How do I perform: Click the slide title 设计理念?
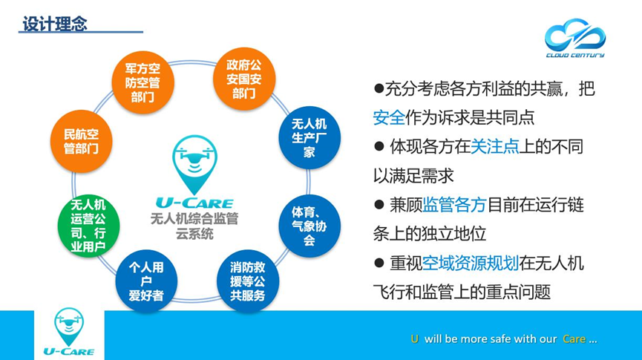(54, 24)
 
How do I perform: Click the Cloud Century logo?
(575, 38)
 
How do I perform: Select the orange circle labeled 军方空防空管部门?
(143, 82)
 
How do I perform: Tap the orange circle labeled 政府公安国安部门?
(244, 79)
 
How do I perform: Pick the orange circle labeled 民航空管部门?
(82, 141)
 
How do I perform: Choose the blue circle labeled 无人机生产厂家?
(309, 137)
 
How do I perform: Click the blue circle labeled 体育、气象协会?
(309, 226)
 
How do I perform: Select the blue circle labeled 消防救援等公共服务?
(248, 281)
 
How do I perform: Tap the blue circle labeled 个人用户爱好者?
(146, 281)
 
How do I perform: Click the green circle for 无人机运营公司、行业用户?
(88, 226)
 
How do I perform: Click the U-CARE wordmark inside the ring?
(194, 203)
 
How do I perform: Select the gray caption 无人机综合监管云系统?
(194, 226)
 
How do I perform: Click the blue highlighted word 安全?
(389, 117)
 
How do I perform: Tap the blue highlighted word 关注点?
(494, 147)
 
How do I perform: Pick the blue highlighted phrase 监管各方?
(454, 205)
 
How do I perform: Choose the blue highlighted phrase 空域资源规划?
(471, 263)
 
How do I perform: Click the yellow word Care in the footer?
(574, 339)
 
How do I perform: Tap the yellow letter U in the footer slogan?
(415, 339)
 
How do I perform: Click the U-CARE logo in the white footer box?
(69, 332)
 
